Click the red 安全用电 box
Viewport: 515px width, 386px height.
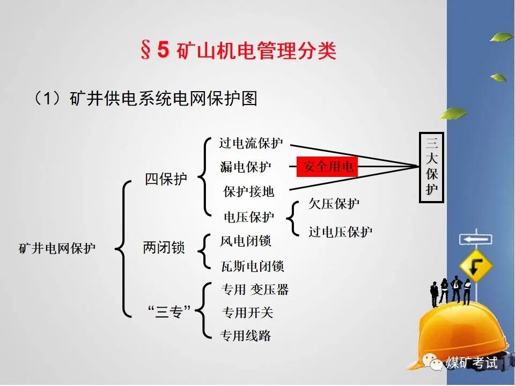tap(327, 167)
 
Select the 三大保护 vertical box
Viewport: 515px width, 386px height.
tap(431, 167)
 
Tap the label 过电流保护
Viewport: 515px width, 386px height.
tap(251, 144)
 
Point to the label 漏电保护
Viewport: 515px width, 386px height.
tap(246, 167)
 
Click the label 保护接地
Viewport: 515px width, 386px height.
tap(248, 191)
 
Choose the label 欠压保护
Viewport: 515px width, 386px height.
tap(334, 204)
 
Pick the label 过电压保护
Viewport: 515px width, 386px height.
tap(340, 232)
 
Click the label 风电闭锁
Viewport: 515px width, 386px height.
tap(246, 241)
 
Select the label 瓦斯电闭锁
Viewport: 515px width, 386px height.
tap(252, 266)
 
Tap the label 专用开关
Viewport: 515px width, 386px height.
tap(247, 313)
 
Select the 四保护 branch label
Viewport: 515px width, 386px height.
tap(166, 179)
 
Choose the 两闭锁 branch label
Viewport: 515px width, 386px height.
tap(164, 248)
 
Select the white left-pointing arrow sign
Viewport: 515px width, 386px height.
tap(475, 239)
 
